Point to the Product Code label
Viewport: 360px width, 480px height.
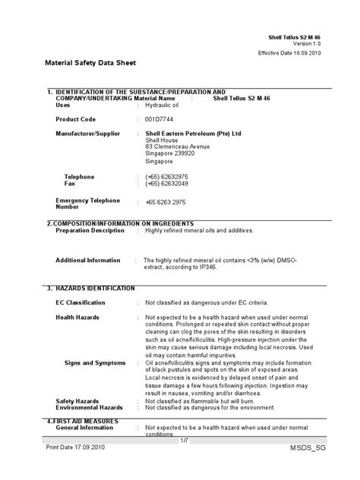coord(77,119)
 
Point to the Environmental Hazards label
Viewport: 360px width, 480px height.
coord(90,408)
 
